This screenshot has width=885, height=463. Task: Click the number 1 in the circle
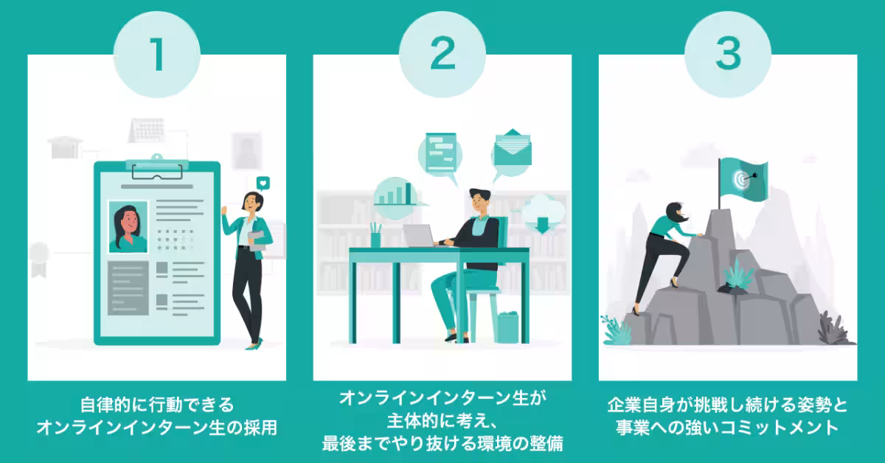click(156, 55)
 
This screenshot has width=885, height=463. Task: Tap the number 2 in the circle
click(442, 55)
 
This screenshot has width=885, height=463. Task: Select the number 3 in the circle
click(727, 55)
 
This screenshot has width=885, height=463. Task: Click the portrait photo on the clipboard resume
click(128, 226)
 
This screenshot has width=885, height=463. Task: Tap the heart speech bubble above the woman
click(263, 183)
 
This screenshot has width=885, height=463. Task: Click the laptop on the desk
click(418, 235)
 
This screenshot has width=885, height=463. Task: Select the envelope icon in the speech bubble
click(512, 150)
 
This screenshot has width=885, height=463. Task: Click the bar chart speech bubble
click(395, 193)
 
